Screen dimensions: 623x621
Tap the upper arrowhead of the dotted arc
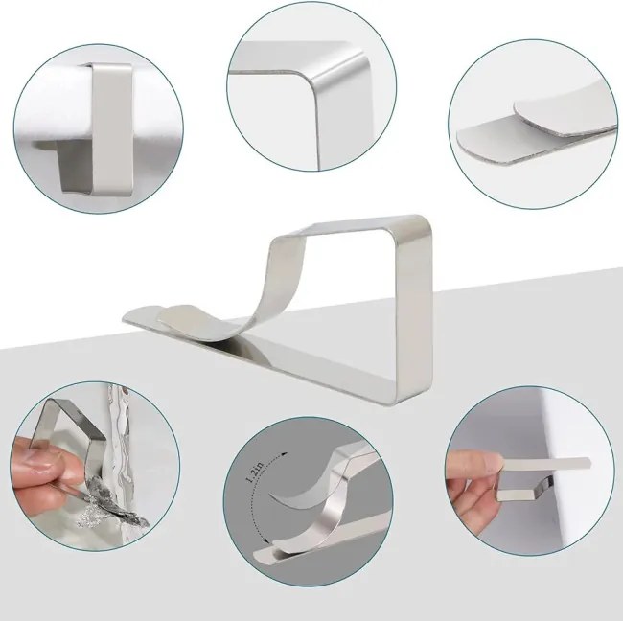click(x=284, y=454)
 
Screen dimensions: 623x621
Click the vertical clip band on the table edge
click(x=111, y=129)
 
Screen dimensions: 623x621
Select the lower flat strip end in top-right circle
click(x=466, y=140)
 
